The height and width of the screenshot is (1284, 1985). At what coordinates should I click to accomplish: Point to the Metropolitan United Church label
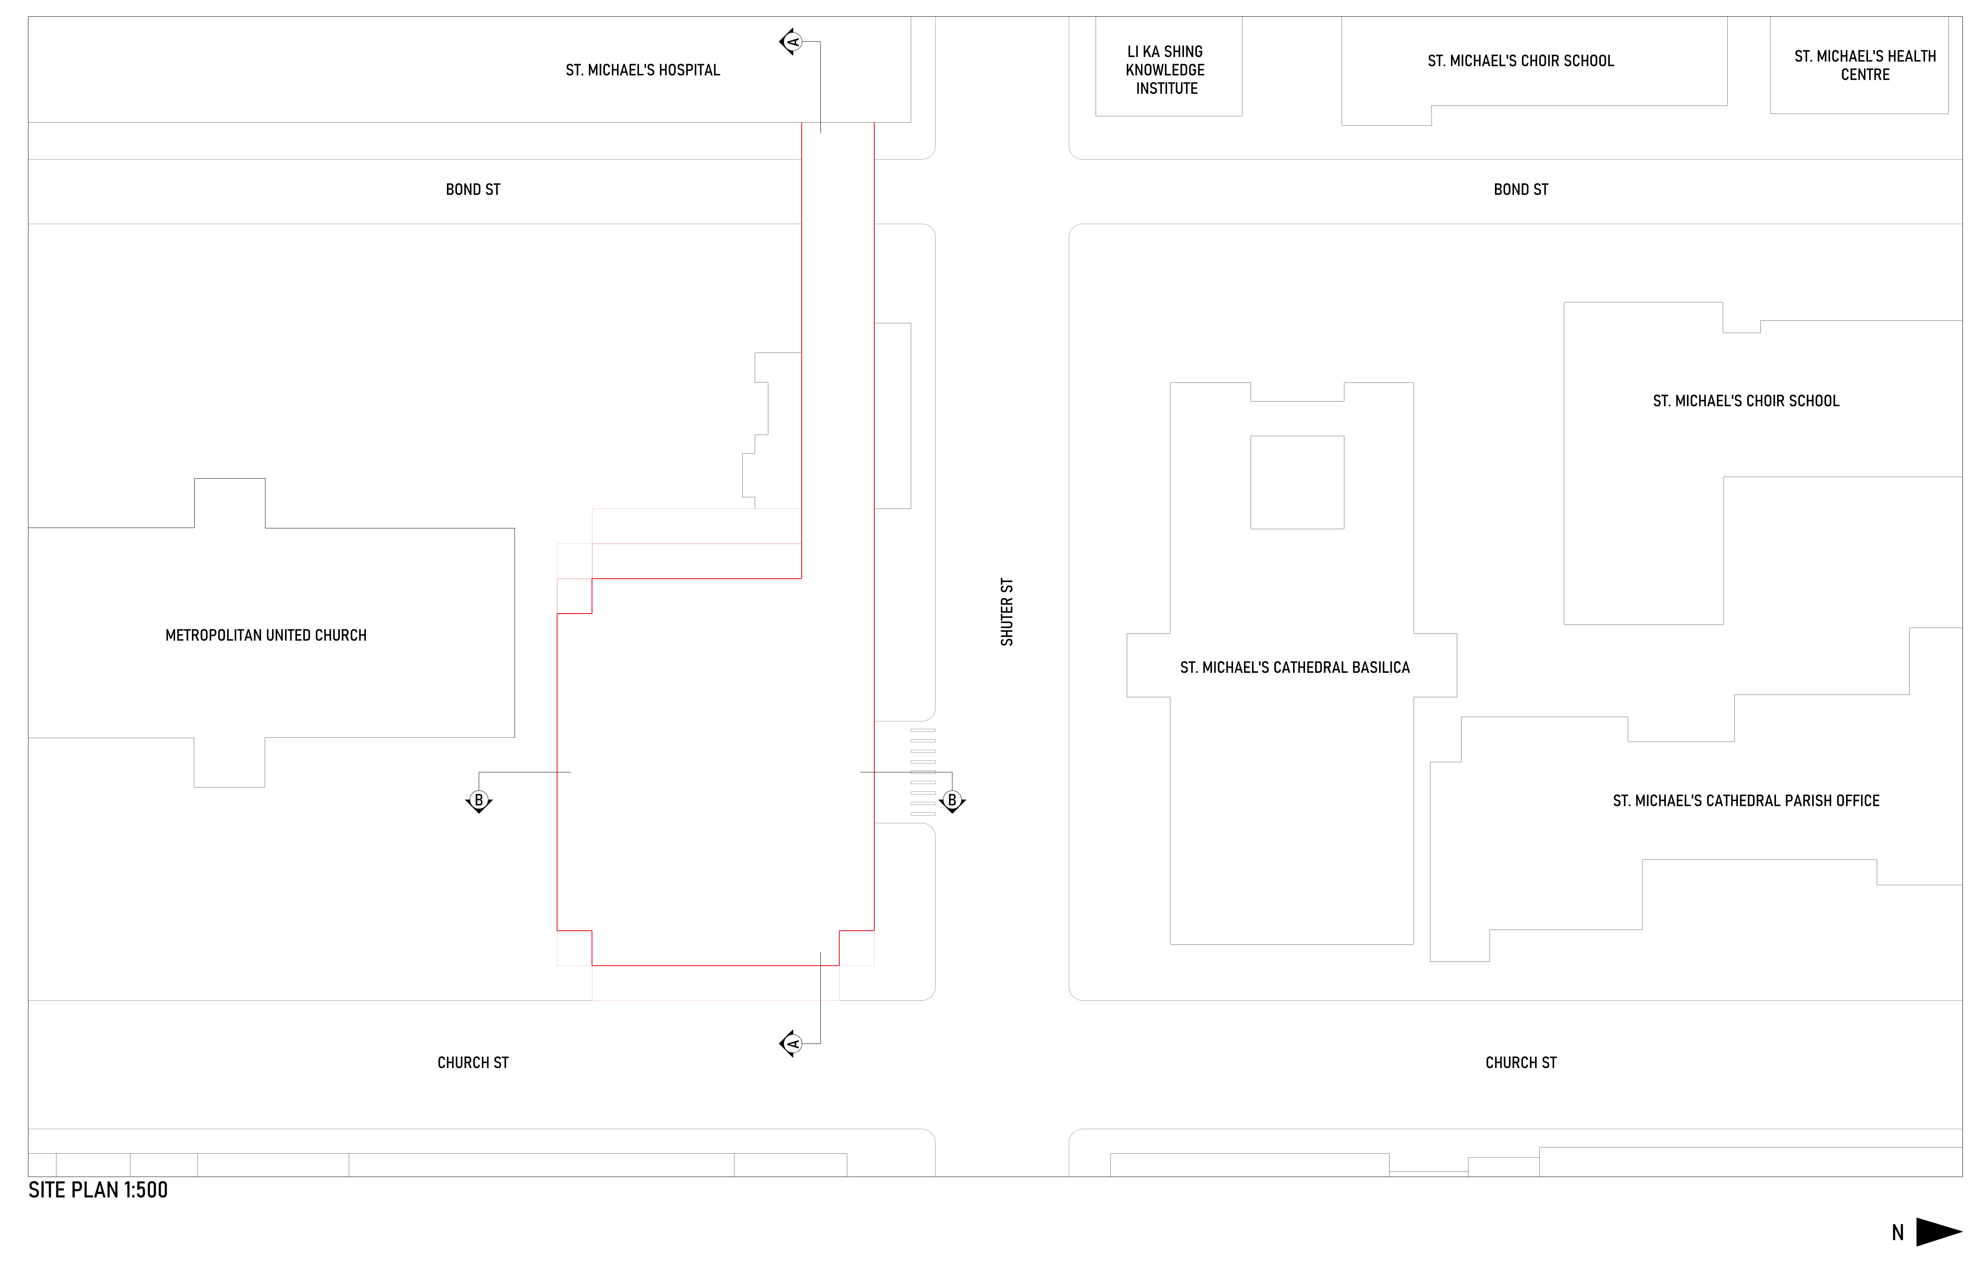266,635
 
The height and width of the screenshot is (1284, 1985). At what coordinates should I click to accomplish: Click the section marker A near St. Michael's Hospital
790,42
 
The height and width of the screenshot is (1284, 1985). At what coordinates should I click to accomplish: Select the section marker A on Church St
790,1044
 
